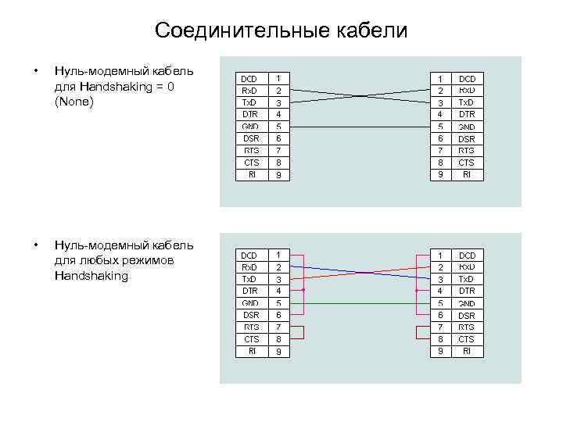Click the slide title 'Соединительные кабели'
281,30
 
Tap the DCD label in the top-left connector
249,79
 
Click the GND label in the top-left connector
250,127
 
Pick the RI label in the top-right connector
467,175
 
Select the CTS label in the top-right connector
467,163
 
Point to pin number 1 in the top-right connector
440,79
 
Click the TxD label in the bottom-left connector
249,279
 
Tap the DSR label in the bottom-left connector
250,315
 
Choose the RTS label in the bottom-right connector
467,327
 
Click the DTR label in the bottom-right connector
467,291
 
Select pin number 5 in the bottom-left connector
279,303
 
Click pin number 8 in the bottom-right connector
440,339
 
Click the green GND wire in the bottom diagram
360,302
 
